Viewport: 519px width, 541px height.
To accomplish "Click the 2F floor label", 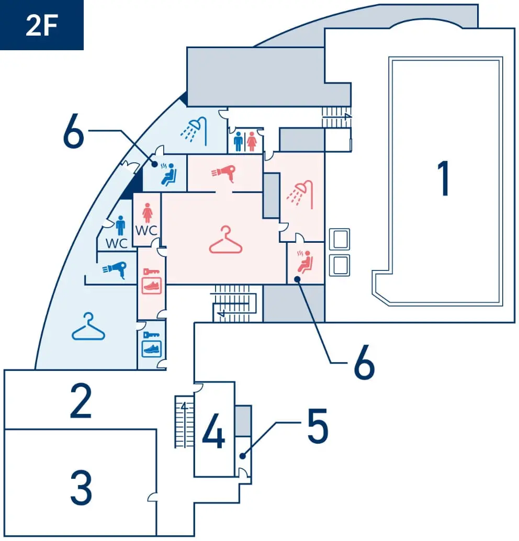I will click(x=41, y=26).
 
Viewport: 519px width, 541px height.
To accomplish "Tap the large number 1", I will click(x=444, y=179).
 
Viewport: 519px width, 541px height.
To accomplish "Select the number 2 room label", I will click(x=81, y=401).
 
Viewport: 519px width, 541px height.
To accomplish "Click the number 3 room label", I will click(x=81, y=488).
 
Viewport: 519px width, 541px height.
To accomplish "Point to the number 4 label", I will click(x=213, y=431).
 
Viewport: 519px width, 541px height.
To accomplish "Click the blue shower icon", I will click(x=195, y=129).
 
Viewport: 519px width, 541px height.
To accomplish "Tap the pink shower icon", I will click(x=301, y=193).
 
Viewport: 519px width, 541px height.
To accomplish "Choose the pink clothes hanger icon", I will click(x=225, y=240).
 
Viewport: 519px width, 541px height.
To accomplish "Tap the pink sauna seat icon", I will click(x=304, y=261).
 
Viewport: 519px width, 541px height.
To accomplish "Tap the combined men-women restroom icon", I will click(x=245, y=141).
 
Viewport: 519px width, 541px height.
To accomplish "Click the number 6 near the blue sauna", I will click(x=73, y=134).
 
